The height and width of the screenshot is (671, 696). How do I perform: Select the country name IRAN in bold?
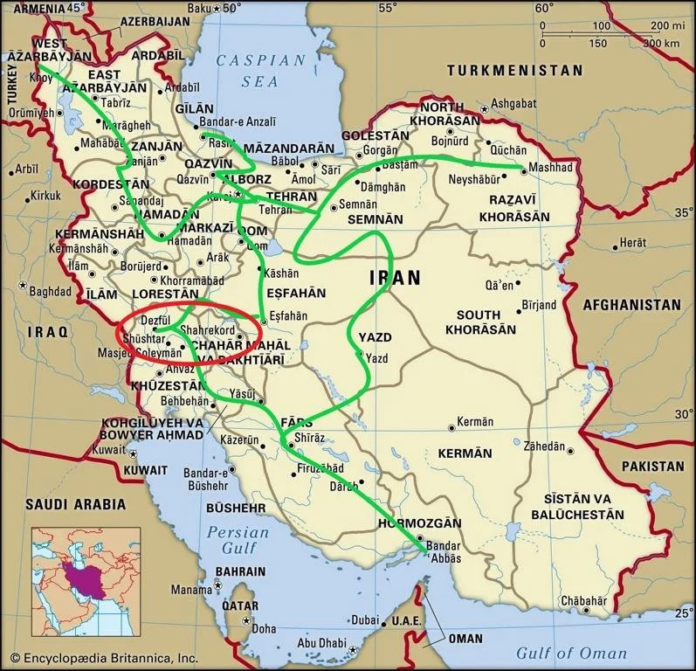(395, 278)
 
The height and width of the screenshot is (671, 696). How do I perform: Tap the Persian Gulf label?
(231, 540)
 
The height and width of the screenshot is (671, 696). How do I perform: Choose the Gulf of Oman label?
(571, 653)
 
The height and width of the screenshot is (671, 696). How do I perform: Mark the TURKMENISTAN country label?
(513, 70)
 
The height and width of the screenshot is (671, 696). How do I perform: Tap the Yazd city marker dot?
(359, 354)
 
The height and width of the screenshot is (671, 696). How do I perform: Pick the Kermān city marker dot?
(451, 427)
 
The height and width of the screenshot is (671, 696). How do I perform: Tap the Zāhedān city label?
(544, 445)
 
